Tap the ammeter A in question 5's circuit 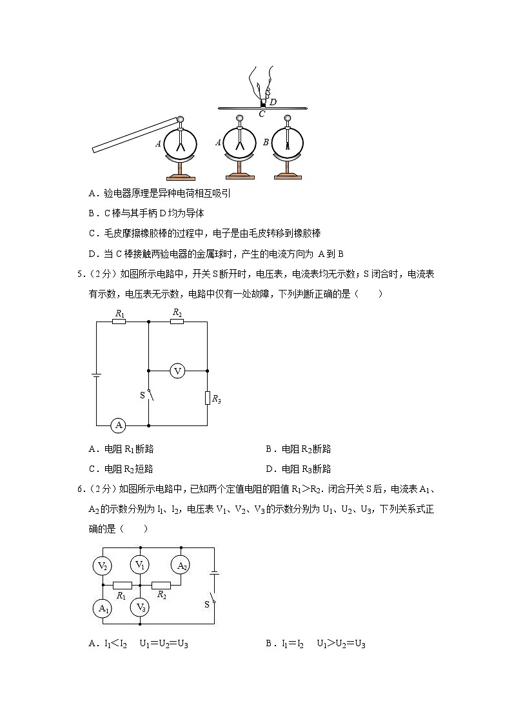118,425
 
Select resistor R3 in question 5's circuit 208,398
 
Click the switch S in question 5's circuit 149,394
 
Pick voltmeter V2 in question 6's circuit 103,566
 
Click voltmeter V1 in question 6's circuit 140,565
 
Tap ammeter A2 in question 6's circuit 181,566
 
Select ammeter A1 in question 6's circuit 103,608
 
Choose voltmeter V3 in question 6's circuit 140,607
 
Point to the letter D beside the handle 273,102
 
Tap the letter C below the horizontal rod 262,114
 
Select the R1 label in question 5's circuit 119,313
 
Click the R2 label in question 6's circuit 161,595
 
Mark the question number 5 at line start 81,274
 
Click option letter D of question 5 269,469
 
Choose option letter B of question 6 269,643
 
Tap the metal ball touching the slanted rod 181,119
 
